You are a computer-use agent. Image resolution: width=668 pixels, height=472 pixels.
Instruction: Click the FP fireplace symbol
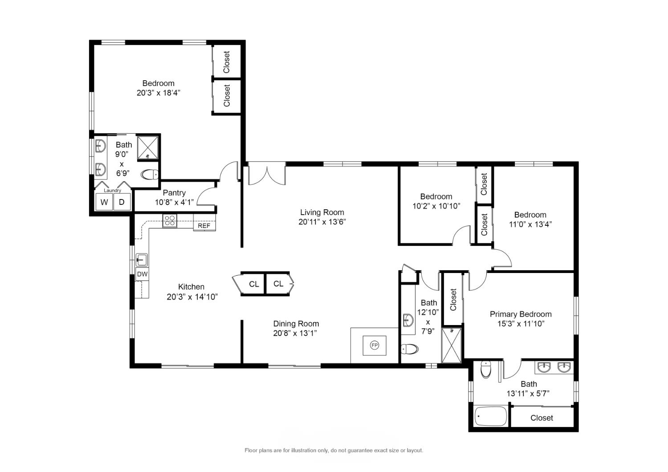[x=374, y=345]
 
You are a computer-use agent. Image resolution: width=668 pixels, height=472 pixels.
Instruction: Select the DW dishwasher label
[x=142, y=274]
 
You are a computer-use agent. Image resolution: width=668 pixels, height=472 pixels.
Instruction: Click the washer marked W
[x=104, y=202]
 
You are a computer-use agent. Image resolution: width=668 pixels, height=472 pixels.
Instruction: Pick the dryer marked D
[x=122, y=202]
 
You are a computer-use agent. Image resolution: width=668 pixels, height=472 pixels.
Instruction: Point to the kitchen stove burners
[x=170, y=221]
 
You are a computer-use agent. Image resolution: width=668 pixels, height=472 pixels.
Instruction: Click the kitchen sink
[x=142, y=260]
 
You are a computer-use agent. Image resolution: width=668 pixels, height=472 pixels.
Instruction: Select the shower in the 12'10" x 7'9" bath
[x=451, y=345]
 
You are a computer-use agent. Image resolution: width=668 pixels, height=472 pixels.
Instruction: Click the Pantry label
[x=174, y=193]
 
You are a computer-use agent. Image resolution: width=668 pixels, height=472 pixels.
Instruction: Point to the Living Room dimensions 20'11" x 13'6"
[x=322, y=222]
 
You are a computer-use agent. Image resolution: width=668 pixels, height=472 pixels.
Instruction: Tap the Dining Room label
[x=296, y=324]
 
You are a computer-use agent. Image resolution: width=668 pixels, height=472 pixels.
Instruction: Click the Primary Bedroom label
[x=521, y=314]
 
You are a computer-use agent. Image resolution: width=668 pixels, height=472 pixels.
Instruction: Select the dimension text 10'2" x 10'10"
[x=436, y=206]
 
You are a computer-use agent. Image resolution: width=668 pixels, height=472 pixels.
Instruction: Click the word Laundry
[x=112, y=190]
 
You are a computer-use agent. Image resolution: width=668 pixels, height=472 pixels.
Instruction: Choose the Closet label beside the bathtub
[x=542, y=418]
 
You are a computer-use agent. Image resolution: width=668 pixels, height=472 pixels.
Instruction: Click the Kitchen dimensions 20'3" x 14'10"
[x=192, y=297]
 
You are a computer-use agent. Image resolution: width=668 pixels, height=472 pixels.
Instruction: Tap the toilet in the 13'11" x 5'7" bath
[x=486, y=370]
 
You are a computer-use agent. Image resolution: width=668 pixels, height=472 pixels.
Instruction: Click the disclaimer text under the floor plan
[x=334, y=450]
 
